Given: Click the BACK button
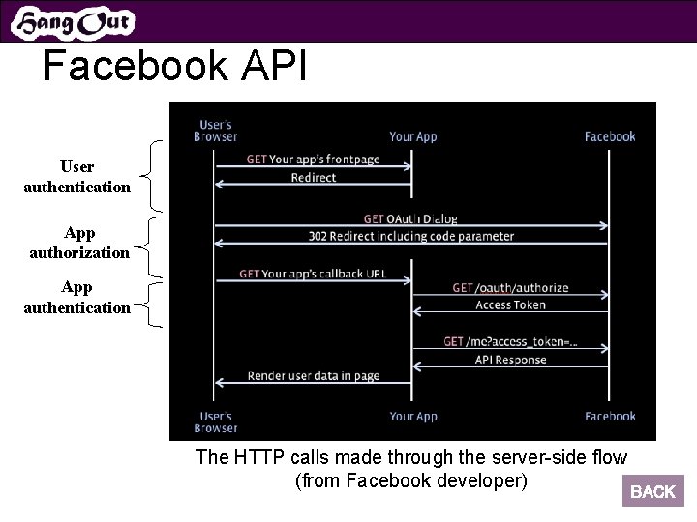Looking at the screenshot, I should [x=652, y=491].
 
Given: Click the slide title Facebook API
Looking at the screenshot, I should [x=174, y=67].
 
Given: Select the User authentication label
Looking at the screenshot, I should [x=76, y=177].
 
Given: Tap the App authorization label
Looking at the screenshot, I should [x=78, y=243].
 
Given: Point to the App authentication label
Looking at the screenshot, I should [x=76, y=298].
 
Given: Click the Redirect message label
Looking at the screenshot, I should [x=313, y=178].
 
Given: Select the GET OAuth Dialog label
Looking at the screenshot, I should [x=410, y=219].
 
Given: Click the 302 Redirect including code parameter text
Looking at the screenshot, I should [x=410, y=236].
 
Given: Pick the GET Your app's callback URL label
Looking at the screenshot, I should [x=312, y=274].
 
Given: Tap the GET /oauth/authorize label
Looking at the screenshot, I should [x=510, y=288].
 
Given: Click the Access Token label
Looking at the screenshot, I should [x=510, y=305].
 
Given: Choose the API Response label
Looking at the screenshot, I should [x=510, y=360].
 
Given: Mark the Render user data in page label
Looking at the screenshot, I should [x=313, y=376].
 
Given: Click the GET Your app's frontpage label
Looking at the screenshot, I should [x=313, y=159].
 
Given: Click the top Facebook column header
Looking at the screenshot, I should [x=610, y=136].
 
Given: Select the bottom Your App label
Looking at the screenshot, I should [x=413, y=417].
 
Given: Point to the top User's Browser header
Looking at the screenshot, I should [x=216, y=130].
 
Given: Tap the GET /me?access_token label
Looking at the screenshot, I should [x=510, y=342].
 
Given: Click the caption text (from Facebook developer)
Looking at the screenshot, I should [x=410, y=480].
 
